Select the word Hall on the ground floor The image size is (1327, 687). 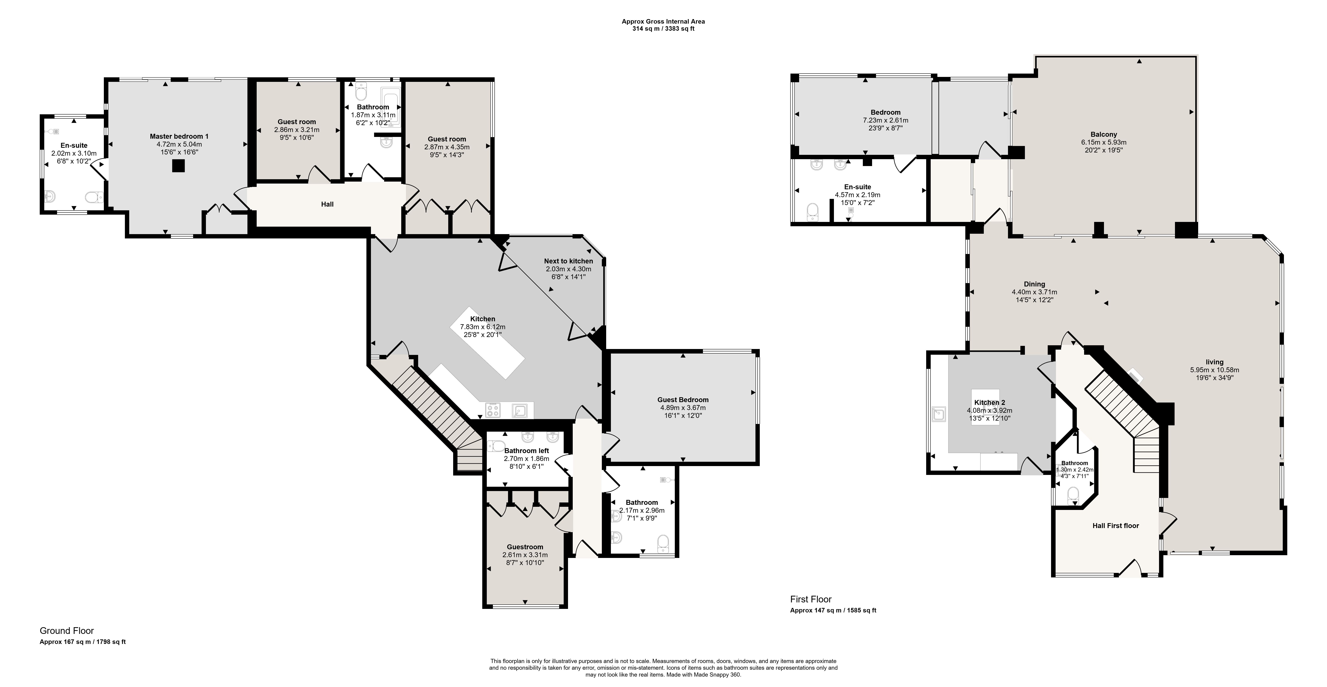[x=327, y=204]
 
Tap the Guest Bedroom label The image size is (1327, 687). [x=683, y=399]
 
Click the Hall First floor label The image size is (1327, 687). [x=1116, y=526]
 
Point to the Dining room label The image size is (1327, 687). [x=1034, y=284]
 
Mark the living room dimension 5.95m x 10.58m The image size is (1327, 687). [x=1214, y=369]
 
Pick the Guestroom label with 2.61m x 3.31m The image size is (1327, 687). [x=525, y=547]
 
